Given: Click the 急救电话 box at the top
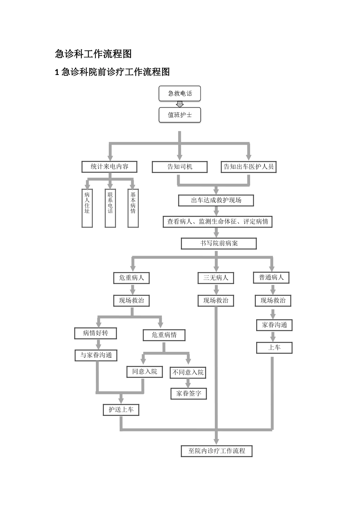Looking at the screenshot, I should pos(180,94).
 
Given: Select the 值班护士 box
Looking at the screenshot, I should pos(180,115).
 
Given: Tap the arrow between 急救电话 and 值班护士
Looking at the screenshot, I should pos(180,104).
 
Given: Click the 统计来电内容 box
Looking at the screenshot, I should pos(109,167).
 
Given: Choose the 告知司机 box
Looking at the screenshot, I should pos(180,167).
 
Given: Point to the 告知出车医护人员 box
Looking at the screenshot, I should pos(249,167).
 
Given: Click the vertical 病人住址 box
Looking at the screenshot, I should pos(87,208).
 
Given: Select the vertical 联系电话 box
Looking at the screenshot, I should pos(110,208).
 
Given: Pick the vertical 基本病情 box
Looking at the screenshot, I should pos(133,208).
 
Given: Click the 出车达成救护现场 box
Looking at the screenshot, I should pos(216,200).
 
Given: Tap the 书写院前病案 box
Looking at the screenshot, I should pos(219,244).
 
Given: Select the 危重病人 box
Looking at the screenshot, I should pos(131,278).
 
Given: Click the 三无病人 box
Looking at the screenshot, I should pos(216,278).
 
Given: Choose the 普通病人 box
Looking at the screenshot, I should pos(271,278).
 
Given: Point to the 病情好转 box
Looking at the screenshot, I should pos(95,333).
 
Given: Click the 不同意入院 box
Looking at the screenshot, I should pos(188,373).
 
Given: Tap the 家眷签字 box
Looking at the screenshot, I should pos(189,394).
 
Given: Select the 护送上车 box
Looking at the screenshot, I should pos(121,410).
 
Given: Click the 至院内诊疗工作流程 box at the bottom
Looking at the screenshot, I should pos(217,451).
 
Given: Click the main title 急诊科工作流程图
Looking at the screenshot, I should pos(93,54).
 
